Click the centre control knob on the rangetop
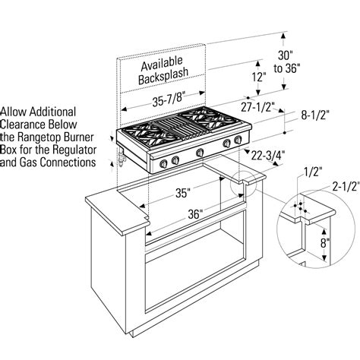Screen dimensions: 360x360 199,153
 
